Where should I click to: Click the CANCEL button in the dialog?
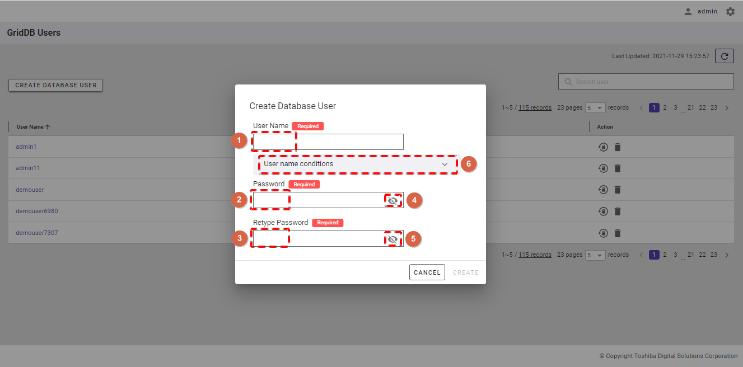coord(427,272)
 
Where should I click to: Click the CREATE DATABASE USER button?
coord(56,85)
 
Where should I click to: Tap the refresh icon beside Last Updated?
coord(725,56)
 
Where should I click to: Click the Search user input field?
coord(646,82)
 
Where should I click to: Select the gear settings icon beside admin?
coord(730,12)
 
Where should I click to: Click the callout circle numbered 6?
coord(468,164)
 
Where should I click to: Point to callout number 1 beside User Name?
coord(239,140)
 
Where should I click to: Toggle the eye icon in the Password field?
coord(392,201)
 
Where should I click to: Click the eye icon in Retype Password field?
coord(392,239)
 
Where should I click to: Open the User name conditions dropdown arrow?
coord(445,164)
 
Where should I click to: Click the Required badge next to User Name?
coord(308,126)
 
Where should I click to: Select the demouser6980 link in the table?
coord(37,211)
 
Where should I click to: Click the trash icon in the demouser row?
coord(617,190)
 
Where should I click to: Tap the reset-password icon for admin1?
coord(603,147)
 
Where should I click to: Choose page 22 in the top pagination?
coord(702,108)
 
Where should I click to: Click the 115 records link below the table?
coord(535,255)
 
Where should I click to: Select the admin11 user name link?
coord(28,168)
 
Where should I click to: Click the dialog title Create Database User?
coord(293,106)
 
